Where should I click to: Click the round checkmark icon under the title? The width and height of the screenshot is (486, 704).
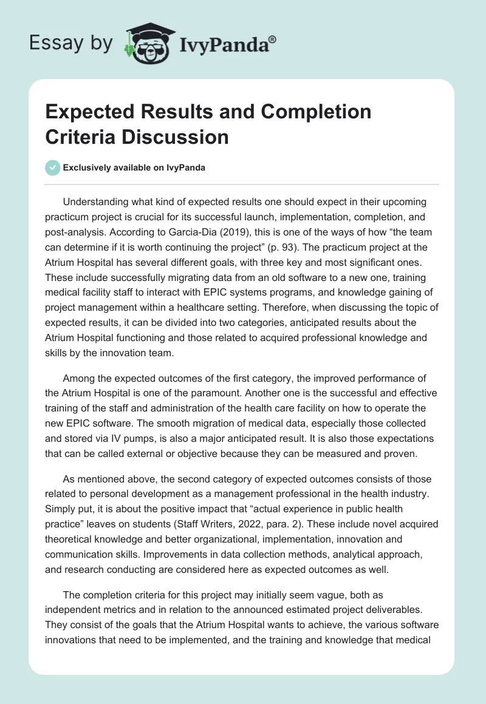(x=53, y=168)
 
